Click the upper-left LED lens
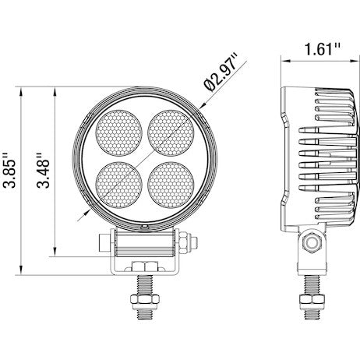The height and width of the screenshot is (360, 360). (118, 129)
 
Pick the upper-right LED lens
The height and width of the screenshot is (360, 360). (171, 129)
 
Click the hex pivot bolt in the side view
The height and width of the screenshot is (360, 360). (312, 243)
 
